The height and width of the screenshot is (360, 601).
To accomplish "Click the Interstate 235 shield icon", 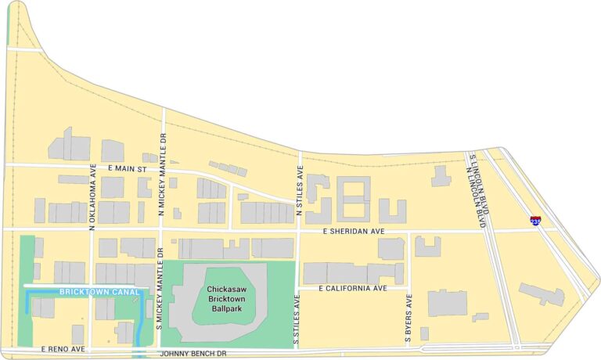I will pos(535,222).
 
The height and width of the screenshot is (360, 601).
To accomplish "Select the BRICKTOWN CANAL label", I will pos(88,293).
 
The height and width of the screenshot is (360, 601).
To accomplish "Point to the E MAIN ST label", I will pos(128,168).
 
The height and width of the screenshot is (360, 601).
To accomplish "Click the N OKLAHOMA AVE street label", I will pos(92,196).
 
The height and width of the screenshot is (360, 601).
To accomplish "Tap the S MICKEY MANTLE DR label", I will pos(159,286).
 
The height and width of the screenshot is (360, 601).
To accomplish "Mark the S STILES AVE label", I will pos(297,320).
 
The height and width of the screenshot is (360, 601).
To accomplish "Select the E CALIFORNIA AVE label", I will pos(354,289).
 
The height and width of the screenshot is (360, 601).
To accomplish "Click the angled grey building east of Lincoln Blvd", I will pos(542,294).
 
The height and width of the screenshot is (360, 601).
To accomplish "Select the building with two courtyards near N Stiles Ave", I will pos(354,199).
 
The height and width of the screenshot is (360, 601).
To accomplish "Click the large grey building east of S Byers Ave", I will pos(447,303).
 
